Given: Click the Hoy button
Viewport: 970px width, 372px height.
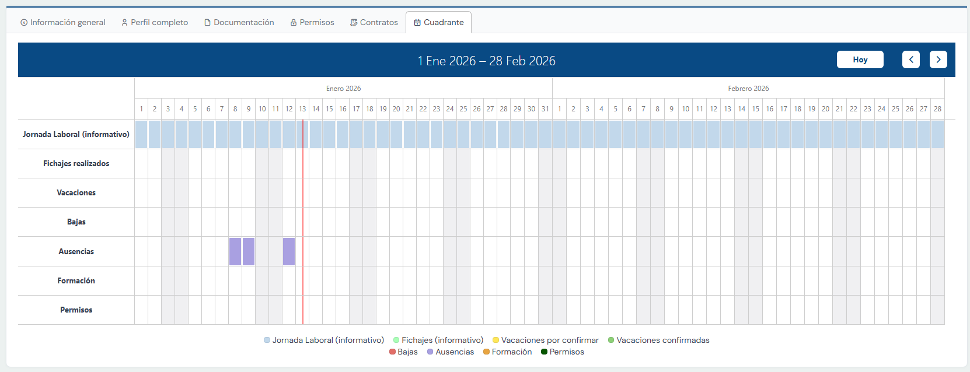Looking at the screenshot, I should [x=860, y=59].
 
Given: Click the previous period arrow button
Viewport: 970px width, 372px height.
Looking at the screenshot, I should [x=910, y=59].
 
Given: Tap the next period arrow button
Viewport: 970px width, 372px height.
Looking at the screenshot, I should [x=938, y=59].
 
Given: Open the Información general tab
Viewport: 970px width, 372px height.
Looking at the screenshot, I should [x=63, y=22].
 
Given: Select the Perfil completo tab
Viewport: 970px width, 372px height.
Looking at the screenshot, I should [x=155, y=22].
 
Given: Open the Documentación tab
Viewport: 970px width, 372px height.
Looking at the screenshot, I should [x=239, y=22].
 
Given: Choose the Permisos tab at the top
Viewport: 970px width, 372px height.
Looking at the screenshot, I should [x=312, y=22].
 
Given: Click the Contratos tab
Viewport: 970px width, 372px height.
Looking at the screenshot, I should [x=374, y=22].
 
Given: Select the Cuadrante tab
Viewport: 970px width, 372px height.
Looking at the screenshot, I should [x=439, y=22].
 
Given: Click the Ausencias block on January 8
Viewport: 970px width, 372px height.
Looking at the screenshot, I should [x=235, y=251].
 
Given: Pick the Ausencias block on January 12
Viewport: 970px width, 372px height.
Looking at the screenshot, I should [x=289, y=251].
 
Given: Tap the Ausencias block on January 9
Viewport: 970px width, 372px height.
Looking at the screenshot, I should [x=249, y=251].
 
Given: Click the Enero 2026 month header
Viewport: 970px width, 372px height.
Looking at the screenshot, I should [x=343, y=89].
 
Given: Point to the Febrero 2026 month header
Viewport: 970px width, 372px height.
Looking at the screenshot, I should [x=748, y=89].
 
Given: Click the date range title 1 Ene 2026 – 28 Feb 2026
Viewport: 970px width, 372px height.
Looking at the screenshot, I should [x=486, y=61].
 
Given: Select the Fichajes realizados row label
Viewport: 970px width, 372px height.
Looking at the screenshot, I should [x=76, y=163].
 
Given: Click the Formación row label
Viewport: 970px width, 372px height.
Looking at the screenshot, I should [x=76, y=280].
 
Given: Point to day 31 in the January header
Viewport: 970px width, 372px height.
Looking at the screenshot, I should [x=545, y=108].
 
